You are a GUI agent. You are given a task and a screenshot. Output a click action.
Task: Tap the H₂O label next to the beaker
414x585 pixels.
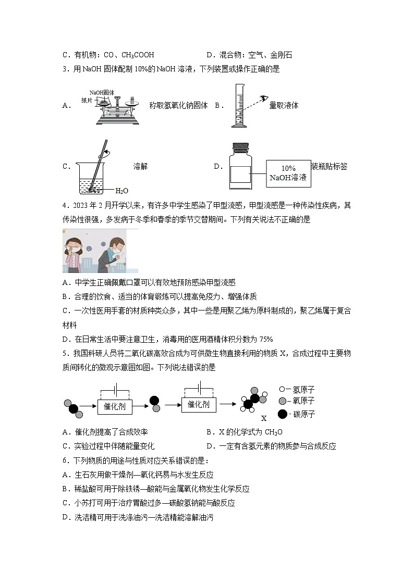click(121, 191)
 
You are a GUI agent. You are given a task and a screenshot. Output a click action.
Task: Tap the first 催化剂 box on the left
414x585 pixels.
click(115, 406)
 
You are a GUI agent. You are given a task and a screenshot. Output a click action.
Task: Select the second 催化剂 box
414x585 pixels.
click(198, 404)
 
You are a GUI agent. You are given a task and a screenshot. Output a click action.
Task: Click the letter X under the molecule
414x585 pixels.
click(264, 418)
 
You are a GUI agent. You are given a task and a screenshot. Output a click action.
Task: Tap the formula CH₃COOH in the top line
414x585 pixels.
click(138, 55)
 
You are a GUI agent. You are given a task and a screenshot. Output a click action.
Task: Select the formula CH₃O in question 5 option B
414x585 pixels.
click(273, 432)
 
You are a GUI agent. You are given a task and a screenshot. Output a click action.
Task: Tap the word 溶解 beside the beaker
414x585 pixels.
click(140, 166)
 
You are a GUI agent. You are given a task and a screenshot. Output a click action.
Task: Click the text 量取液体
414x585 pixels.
click(284, 105)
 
